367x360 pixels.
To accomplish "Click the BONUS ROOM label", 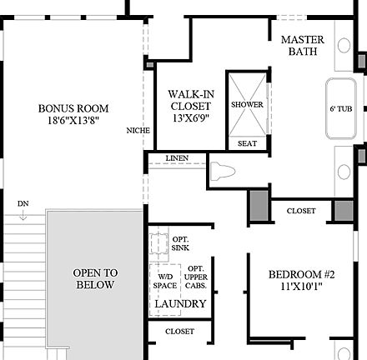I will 73,108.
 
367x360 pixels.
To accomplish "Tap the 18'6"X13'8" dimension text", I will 73,122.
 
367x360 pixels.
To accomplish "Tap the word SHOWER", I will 247,105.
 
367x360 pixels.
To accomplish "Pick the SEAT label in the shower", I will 247,143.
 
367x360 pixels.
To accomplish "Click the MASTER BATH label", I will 302,45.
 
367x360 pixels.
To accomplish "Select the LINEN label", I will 177,158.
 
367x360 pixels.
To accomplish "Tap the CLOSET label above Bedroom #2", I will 301,211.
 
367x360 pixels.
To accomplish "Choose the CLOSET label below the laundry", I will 179,331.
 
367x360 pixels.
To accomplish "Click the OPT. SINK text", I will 180,243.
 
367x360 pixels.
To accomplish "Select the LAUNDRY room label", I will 180,304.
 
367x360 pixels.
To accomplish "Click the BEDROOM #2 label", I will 301,275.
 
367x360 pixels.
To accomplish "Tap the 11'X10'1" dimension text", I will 301,289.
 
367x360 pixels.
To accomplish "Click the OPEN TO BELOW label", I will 95,278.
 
